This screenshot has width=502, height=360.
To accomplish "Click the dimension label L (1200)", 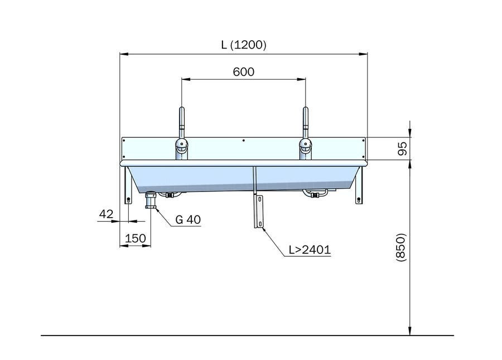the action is pyautogui.click(x=244, y=45).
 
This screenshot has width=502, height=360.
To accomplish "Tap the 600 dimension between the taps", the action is pyautogui.click(x=244, y=72).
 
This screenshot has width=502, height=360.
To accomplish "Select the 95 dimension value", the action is pyautogui.click(x=402, y=148).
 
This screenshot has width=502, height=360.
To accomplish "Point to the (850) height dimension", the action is pyautogui.click(x=401, y=247).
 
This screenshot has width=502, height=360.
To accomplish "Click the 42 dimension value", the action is pyautogui.click(x=107, y=214).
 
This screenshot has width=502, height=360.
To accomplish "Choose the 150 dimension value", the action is pyautogui.click(x=136, y=238).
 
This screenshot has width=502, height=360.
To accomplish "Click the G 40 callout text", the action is pyautogui.click(x=188, y=220).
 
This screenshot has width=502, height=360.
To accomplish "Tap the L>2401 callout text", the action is pyautogui.click(x=310, y=250).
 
